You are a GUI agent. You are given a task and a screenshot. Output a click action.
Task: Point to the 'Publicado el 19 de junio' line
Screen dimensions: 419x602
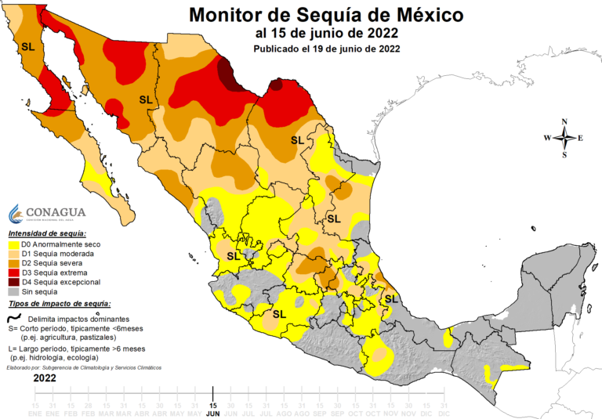tap(327, 49)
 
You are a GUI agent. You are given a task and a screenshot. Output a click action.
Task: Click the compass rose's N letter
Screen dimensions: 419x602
tap(564, 122)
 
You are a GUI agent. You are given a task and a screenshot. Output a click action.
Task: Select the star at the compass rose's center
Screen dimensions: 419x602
tap(564, 138)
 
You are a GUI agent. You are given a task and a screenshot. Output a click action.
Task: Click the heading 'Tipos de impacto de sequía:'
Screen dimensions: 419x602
tap(60, 302)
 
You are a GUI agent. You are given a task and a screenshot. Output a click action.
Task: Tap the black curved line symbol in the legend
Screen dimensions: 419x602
tap(14, 318)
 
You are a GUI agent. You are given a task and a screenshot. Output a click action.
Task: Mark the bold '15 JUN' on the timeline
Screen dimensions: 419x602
tap(212, 409)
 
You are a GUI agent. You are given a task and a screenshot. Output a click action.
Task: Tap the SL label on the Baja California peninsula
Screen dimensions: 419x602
tap(28, 47)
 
